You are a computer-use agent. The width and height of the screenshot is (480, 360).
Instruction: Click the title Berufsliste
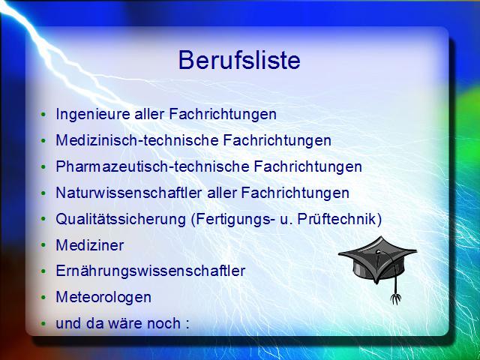(x=239, y=60)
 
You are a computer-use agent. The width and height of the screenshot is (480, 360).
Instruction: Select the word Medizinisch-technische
(x=137, y=140)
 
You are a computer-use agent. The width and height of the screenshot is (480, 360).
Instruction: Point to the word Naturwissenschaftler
(x=128, y=193)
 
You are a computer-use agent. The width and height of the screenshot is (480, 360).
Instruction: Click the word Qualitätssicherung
(x=121, y=220)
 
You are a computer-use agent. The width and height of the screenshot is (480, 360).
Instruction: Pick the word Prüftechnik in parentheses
(x=337, y=219)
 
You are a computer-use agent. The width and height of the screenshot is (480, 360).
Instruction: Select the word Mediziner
(x=90, y=245)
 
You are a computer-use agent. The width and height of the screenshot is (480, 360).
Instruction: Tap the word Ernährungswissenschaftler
(x=150, y=271)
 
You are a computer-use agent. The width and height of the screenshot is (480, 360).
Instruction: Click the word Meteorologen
(x=103, y=298)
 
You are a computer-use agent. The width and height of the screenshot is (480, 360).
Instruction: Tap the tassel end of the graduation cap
(x=395, y=298)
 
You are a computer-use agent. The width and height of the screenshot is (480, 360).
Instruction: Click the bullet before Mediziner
(x=43, y=245)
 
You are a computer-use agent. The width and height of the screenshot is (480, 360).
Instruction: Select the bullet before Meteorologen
(x=43, y=298)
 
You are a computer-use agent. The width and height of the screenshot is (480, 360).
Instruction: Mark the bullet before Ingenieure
(x=43, y=115)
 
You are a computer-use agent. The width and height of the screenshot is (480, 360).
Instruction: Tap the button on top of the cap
(x=379, y=252)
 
